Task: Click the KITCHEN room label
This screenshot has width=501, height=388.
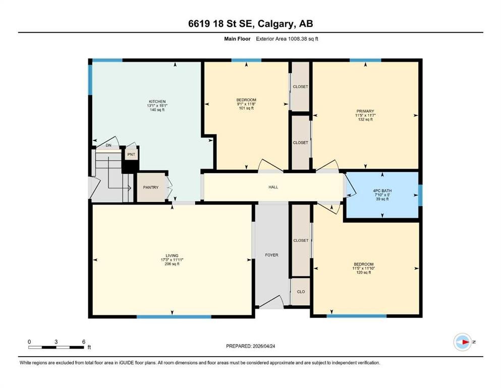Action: click(x=157, y=102)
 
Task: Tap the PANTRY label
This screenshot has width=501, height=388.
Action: click(x=150, y=187)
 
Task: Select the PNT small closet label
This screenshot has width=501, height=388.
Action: click(x=131, y=155)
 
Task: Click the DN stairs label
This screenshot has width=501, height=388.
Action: click(x=108, y=145)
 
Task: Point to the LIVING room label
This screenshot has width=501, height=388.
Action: click(x=172, y=256)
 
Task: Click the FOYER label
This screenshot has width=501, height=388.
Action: click(x=271, y=255)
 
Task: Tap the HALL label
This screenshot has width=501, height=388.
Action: click(x=273, y=187)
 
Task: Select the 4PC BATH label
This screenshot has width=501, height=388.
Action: click(x=382, y=190)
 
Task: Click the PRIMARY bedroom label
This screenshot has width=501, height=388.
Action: click(x=365, y=111)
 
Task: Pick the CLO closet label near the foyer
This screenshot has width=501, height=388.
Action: click(x=301, y=292)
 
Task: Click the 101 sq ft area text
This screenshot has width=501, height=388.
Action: click(x=246, y=108)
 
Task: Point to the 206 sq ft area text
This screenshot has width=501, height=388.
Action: click(x=172, y=264)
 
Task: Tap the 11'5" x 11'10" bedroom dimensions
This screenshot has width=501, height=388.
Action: click(x=364, y=268)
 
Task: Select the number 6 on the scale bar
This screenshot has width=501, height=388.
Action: click(x=84, y=342)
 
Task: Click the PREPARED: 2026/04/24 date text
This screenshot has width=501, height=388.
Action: click(x=250, y=346)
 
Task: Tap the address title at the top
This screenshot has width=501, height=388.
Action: click(x=250, y=24)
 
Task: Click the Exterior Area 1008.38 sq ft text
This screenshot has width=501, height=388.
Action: click(x=287, y=39)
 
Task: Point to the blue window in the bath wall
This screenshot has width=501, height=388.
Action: click(x=420, y=196)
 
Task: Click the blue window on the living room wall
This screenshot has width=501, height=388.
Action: click(x=174, y=317)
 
